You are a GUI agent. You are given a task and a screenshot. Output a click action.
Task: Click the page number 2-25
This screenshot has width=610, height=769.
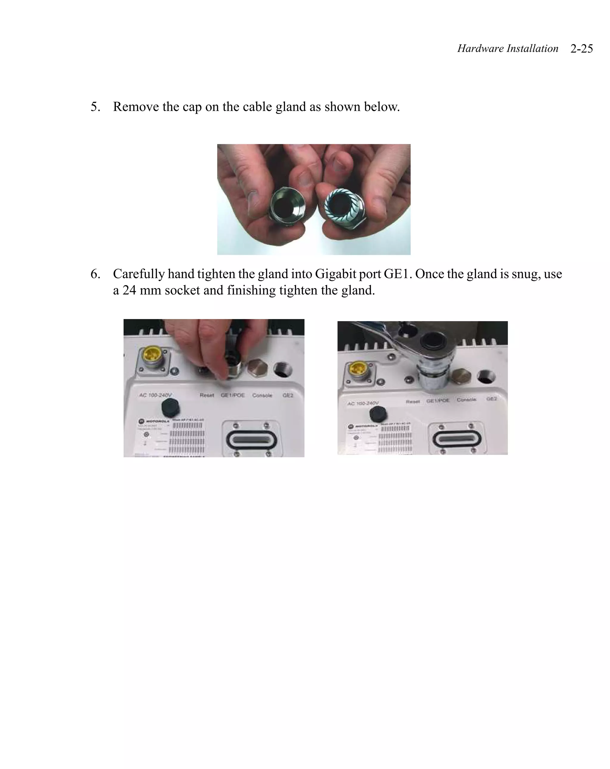[581, 49]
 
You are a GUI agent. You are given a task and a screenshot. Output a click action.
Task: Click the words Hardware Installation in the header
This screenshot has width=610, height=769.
[507, 49]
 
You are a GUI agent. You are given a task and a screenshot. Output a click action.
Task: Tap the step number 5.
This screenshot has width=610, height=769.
[95, 107]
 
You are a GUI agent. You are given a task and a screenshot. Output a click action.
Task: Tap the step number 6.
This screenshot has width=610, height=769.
[95, 274]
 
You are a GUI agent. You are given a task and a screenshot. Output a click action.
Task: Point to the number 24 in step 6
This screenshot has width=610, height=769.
[129, 290]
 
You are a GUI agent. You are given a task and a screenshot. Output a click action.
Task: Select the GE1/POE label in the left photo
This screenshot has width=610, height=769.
[233, 395]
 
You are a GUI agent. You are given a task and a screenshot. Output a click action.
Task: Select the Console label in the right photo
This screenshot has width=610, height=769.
[466, 400]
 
